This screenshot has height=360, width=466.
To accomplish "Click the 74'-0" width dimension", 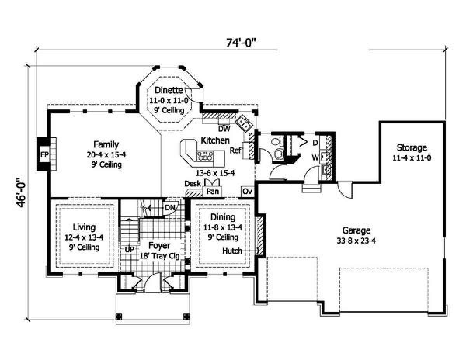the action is pyautogui.click(x=241, y=43).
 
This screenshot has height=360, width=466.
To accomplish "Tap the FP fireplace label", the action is pyautogui.click(x=45, y=154).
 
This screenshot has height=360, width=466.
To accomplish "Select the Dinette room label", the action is pyautogui.click(x=169, y=90).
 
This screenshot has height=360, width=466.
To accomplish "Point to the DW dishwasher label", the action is pyautogui.click(x=224, y=129).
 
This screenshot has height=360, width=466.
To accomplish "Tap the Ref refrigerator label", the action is pyautogui.click(x=235, y=151).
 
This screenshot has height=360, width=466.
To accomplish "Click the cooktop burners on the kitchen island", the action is pyautogui.click(x=205, y=156).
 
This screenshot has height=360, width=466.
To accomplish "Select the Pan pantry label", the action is pyautogui.click(x=212, y=191).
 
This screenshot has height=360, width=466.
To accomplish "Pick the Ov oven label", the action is pyautogui.click(x=247, y=191).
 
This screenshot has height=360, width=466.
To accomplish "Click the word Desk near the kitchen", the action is pyautogui.click(x=193, y=183).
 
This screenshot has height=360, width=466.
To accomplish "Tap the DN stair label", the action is pyautogui.click(x=170, y=208).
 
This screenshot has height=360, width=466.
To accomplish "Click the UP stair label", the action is pyautogui.click(x=129, y=249).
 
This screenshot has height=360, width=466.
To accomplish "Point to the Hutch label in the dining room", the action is pyautogui.click(x=232, y=251).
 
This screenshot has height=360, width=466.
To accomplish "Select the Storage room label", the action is pyautogui.click(x=412, y=147).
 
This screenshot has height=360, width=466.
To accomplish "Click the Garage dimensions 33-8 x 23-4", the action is pyautogui.click(x=356, y=241).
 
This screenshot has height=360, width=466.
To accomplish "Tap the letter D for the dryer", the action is pyautogui.click(x=315, y=143).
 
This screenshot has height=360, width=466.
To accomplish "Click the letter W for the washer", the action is pyautogui.click(x=315, y=158).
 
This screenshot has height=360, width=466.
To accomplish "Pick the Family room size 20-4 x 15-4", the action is pyautogui.click(x=106, y=155).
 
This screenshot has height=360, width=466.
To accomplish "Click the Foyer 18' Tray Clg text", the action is pyautogui.click(x=160, y=250).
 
